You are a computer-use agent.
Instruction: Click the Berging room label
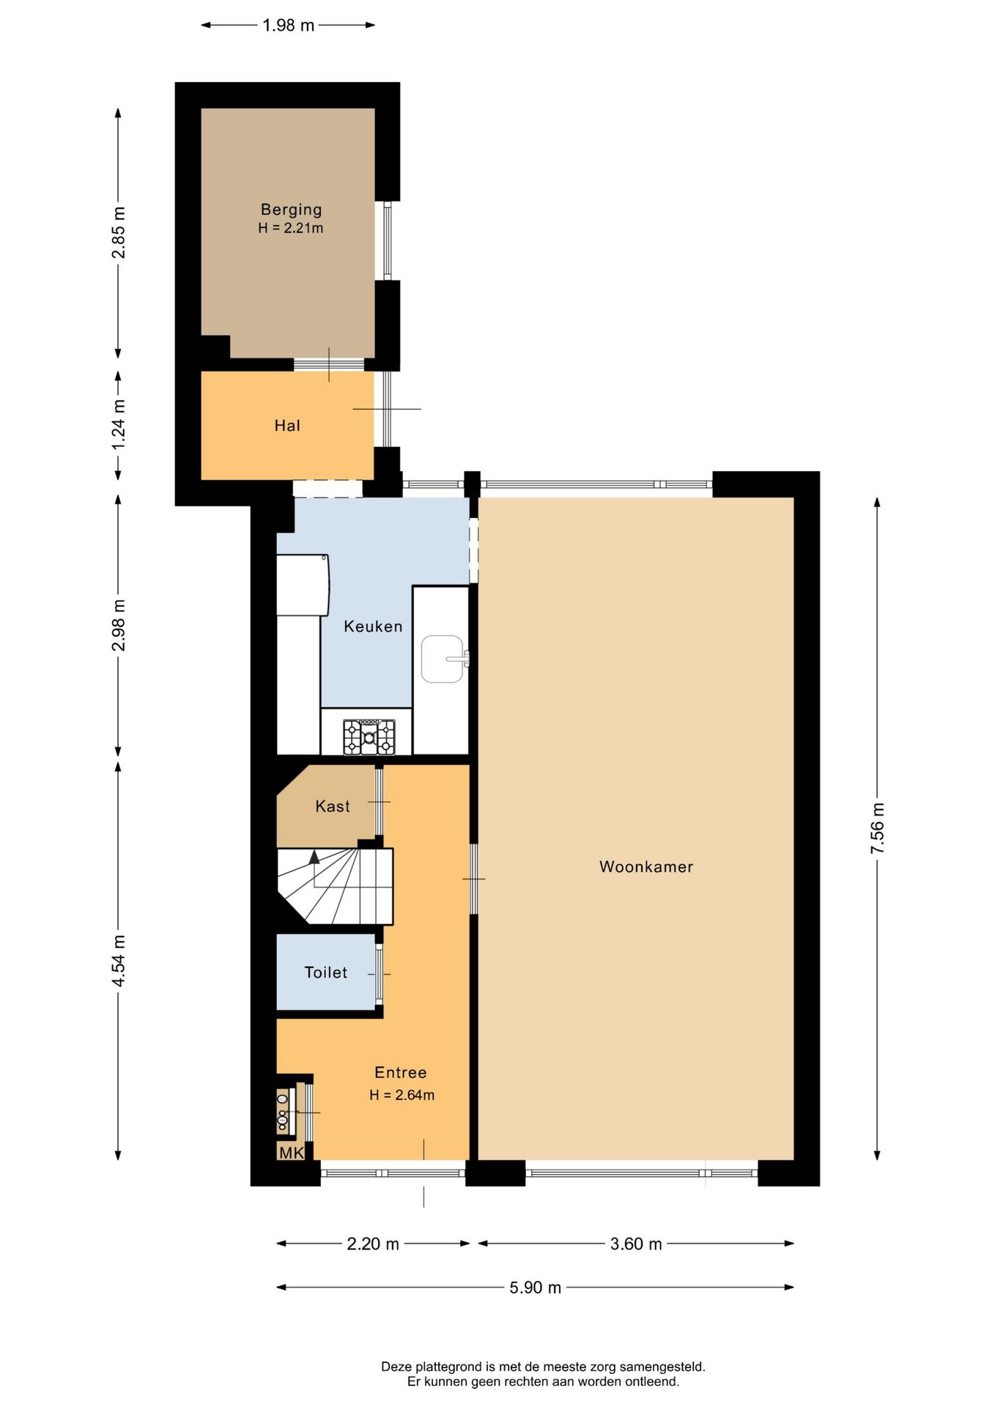coord(291,210)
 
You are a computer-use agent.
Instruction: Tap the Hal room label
coord(287,426)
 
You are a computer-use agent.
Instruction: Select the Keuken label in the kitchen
coord(373,627)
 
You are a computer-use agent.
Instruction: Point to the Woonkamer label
coord(646,867)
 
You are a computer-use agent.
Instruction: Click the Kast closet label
coord(333,806)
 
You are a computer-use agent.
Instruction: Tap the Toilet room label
coord(326,972)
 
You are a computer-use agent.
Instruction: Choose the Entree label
coord(401,1073)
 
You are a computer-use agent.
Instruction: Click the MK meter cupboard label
coord(292,1153)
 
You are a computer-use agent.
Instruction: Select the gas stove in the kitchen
coord(369,736)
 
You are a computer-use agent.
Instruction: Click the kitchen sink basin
coord(443,659)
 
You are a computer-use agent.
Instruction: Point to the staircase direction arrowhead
coord(314,856)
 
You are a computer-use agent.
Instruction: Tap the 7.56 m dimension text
coord(877,828)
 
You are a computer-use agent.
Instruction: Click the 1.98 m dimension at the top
coord(289,26)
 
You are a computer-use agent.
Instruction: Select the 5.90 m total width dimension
coord(536,1288)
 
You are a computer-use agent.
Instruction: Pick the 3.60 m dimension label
coord(636,1244)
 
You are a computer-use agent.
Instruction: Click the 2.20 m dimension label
coord(373,1244)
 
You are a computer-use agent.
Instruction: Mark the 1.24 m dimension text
coord(118,425)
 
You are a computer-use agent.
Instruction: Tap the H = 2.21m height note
coord(291,228)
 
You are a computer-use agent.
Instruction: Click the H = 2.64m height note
coord(402,1095)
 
